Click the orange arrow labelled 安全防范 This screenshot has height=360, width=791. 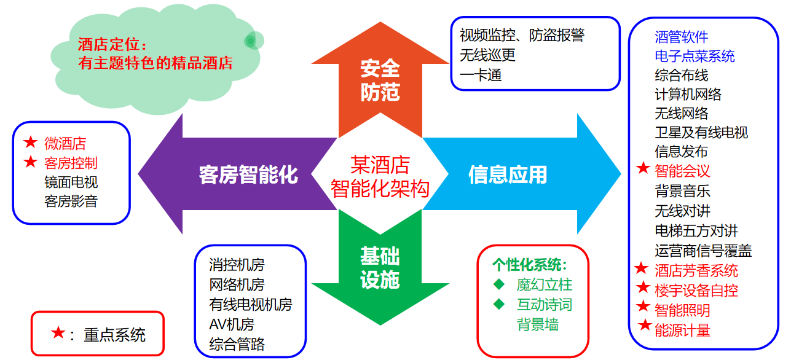(x=380, y=80)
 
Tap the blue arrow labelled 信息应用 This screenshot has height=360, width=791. (x=508, y=174)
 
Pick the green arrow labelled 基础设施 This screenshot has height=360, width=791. (x=380, y=268)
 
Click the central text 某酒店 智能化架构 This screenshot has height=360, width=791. (x=380, y=176)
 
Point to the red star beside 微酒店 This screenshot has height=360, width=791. (x=30, y=143)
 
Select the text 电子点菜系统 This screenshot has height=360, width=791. (x=695, y=57)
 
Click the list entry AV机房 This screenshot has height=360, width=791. (x=232, y=324)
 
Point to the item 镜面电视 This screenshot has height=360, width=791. (x=71, y=182)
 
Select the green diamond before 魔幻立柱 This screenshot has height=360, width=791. (x=499, y=284)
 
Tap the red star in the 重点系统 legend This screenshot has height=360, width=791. (x=58, y=333)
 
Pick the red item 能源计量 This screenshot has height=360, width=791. (x=682, y=330)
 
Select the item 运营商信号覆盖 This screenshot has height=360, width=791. (x=703, y=251)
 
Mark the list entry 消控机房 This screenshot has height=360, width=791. (x=237, y=265)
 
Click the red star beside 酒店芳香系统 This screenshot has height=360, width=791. (x=642, y=268)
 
